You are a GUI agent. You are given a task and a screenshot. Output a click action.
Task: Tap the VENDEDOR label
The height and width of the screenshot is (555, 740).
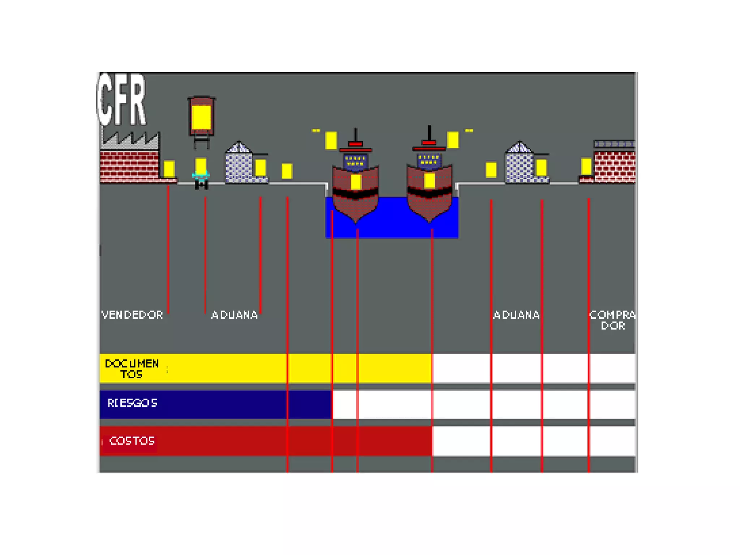(x=132, y=315)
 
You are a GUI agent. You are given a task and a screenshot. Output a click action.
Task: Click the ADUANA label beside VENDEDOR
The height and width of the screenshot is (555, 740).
(x=235, y=315)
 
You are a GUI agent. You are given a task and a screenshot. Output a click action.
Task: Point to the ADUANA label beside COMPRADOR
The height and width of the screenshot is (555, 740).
(x=516, y=315)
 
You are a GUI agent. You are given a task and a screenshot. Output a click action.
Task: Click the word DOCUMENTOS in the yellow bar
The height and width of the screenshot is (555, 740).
(x=132, y=369)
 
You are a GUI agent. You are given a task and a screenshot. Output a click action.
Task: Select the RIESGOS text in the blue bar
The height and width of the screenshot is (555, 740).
(x=132, y=403)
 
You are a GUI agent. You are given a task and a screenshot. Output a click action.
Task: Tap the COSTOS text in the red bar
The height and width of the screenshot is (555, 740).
(x=132, y=441)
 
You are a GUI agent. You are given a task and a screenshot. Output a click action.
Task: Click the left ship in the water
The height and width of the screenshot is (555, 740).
(x=356, y=192)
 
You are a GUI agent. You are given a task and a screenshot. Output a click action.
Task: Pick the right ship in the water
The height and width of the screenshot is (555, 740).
(x=429, y=192)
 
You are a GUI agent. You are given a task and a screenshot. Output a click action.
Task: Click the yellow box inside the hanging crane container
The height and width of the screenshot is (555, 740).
(x=201, y=117)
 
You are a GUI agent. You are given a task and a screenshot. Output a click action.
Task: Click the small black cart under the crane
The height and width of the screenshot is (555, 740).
(x=201, y=184)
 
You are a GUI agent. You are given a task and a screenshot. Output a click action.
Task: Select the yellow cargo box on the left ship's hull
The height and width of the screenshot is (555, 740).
(x=356, y=182)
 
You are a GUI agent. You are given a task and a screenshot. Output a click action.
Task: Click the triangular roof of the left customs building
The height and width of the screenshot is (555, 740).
(x=238, y=147)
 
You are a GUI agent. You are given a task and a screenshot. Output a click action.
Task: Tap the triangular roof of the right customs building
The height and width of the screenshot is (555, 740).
(x=519, y=147)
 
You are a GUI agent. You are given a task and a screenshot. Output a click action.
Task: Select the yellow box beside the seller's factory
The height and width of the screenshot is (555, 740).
(x=169, y=169)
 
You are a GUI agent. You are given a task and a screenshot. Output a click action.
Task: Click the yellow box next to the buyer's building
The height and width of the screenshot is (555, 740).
(x=586, y=166)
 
